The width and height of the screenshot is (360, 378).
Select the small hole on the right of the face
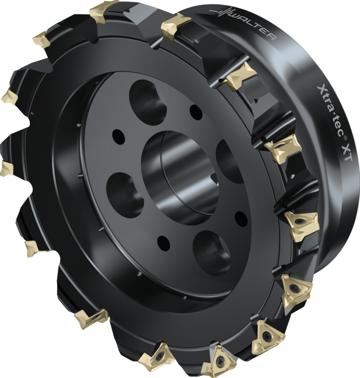coord(241,219)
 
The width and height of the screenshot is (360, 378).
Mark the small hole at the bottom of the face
coord(164,243)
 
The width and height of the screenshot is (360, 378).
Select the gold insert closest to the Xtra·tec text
coord(283,148)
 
